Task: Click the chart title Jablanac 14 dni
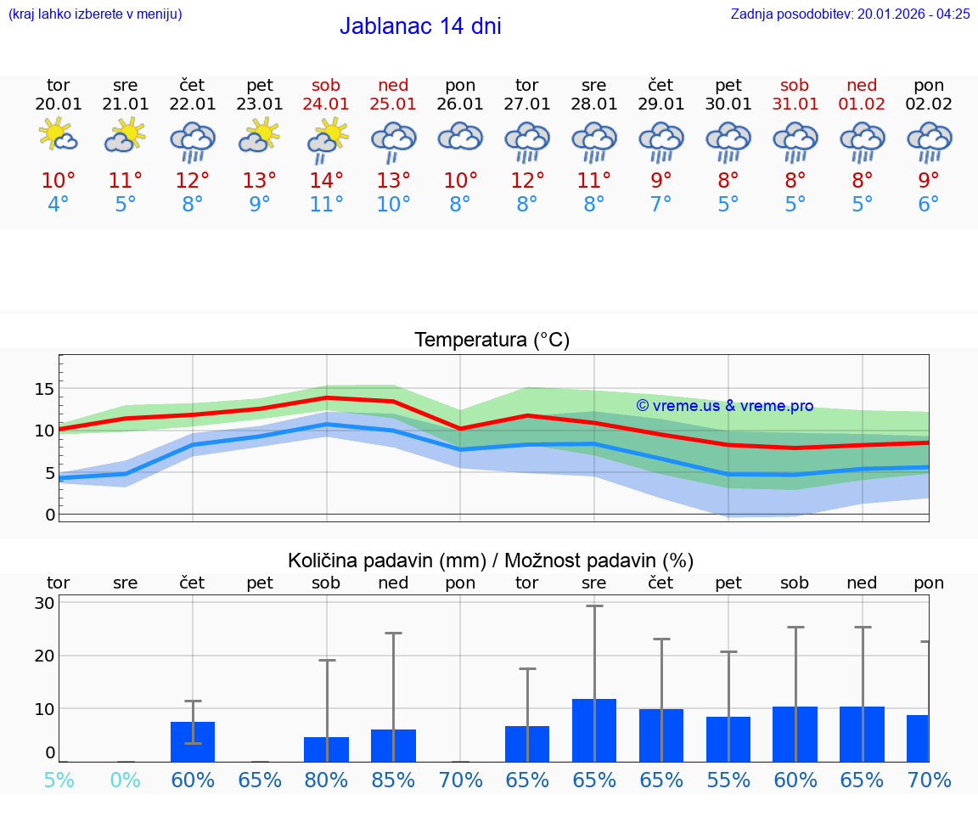tap(420, 26)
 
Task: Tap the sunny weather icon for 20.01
tap(58, 136)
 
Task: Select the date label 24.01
tap(326, 104)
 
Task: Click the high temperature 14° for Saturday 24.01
tap(326, 180)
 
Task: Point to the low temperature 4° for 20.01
tap(58, 205)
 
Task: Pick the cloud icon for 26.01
tap(460, 137)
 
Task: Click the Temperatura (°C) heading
tap(492, 341)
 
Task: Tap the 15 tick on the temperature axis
tap(44, 389)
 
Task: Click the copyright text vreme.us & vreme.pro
tap(724, 406)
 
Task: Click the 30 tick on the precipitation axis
tap(44, 603)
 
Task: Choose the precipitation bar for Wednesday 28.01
tap(594, 730)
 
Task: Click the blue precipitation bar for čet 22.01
tap(193, 741)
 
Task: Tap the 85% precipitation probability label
tap(393, 780)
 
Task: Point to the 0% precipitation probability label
tap(125, 780)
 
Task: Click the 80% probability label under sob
tap(326, 780)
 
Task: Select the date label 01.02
tap(862, 104)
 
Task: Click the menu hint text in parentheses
tap(94, 14)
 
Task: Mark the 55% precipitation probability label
tap(728, 780)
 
